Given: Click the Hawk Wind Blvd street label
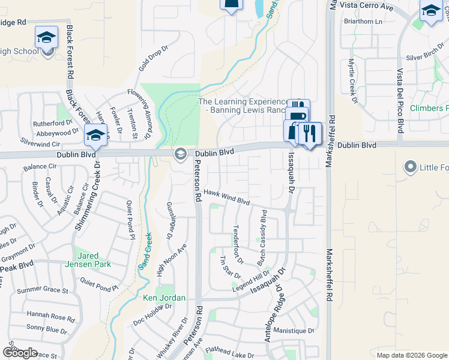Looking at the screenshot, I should click(226, 196).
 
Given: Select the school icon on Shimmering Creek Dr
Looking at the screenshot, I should click(95, 136).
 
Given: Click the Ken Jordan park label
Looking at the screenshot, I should click(164, 298).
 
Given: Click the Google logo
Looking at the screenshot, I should click(20, 352).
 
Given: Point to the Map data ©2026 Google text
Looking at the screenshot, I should click(412, 355).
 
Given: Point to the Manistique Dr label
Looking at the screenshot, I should click(294, 331).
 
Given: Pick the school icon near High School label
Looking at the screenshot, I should click(46, 37).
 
